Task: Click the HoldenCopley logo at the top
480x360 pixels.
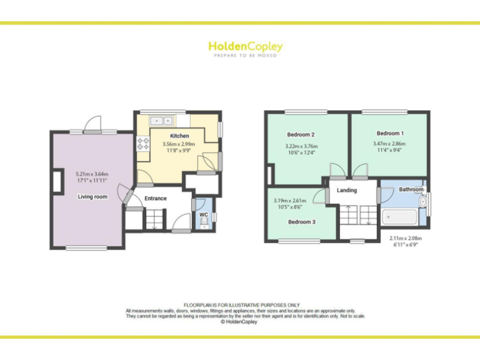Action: [245, 47]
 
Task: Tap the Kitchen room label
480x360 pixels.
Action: [179, 136]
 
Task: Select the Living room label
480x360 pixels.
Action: [92, 197]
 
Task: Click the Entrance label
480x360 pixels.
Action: [156, 199]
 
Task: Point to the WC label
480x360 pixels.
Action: [203, 215]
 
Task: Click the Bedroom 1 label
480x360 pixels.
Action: [389, 133]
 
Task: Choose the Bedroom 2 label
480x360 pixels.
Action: [301, 135]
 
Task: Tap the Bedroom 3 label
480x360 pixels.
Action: [301, 222]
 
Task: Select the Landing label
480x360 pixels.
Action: [347, 191]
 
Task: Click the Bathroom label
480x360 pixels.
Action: [411, 189]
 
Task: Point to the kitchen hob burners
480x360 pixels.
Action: [141, 144]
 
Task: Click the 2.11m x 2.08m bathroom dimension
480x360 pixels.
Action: [406, 238]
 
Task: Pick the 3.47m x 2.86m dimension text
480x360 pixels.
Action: [389, 144]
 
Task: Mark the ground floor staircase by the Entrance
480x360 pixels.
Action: [154, 219]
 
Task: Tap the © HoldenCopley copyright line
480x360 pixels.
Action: [240, 322]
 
